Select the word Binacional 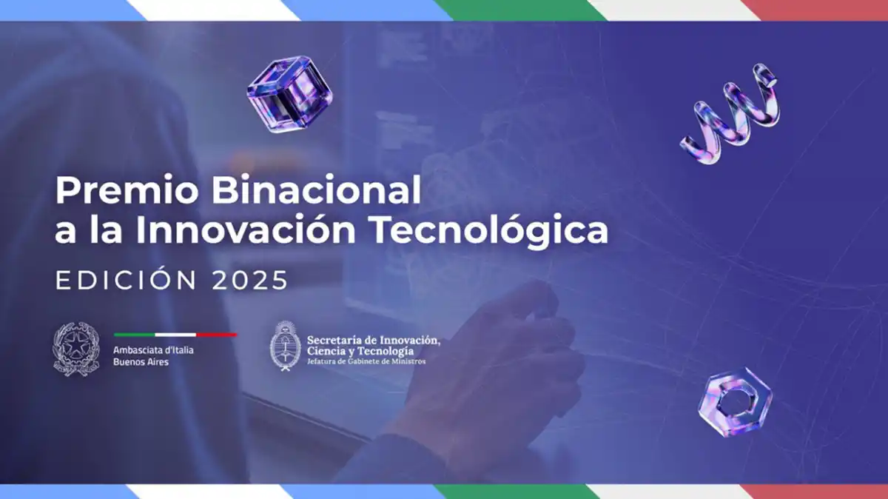click(316, 192)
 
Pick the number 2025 click(249, 281)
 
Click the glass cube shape click(289, 94)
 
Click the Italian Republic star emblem click(76, 348)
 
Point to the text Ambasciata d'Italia click(153, 349)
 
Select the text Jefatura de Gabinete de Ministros click(366, 361)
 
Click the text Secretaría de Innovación click(373, 340)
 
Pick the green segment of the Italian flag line click(134, 335)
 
